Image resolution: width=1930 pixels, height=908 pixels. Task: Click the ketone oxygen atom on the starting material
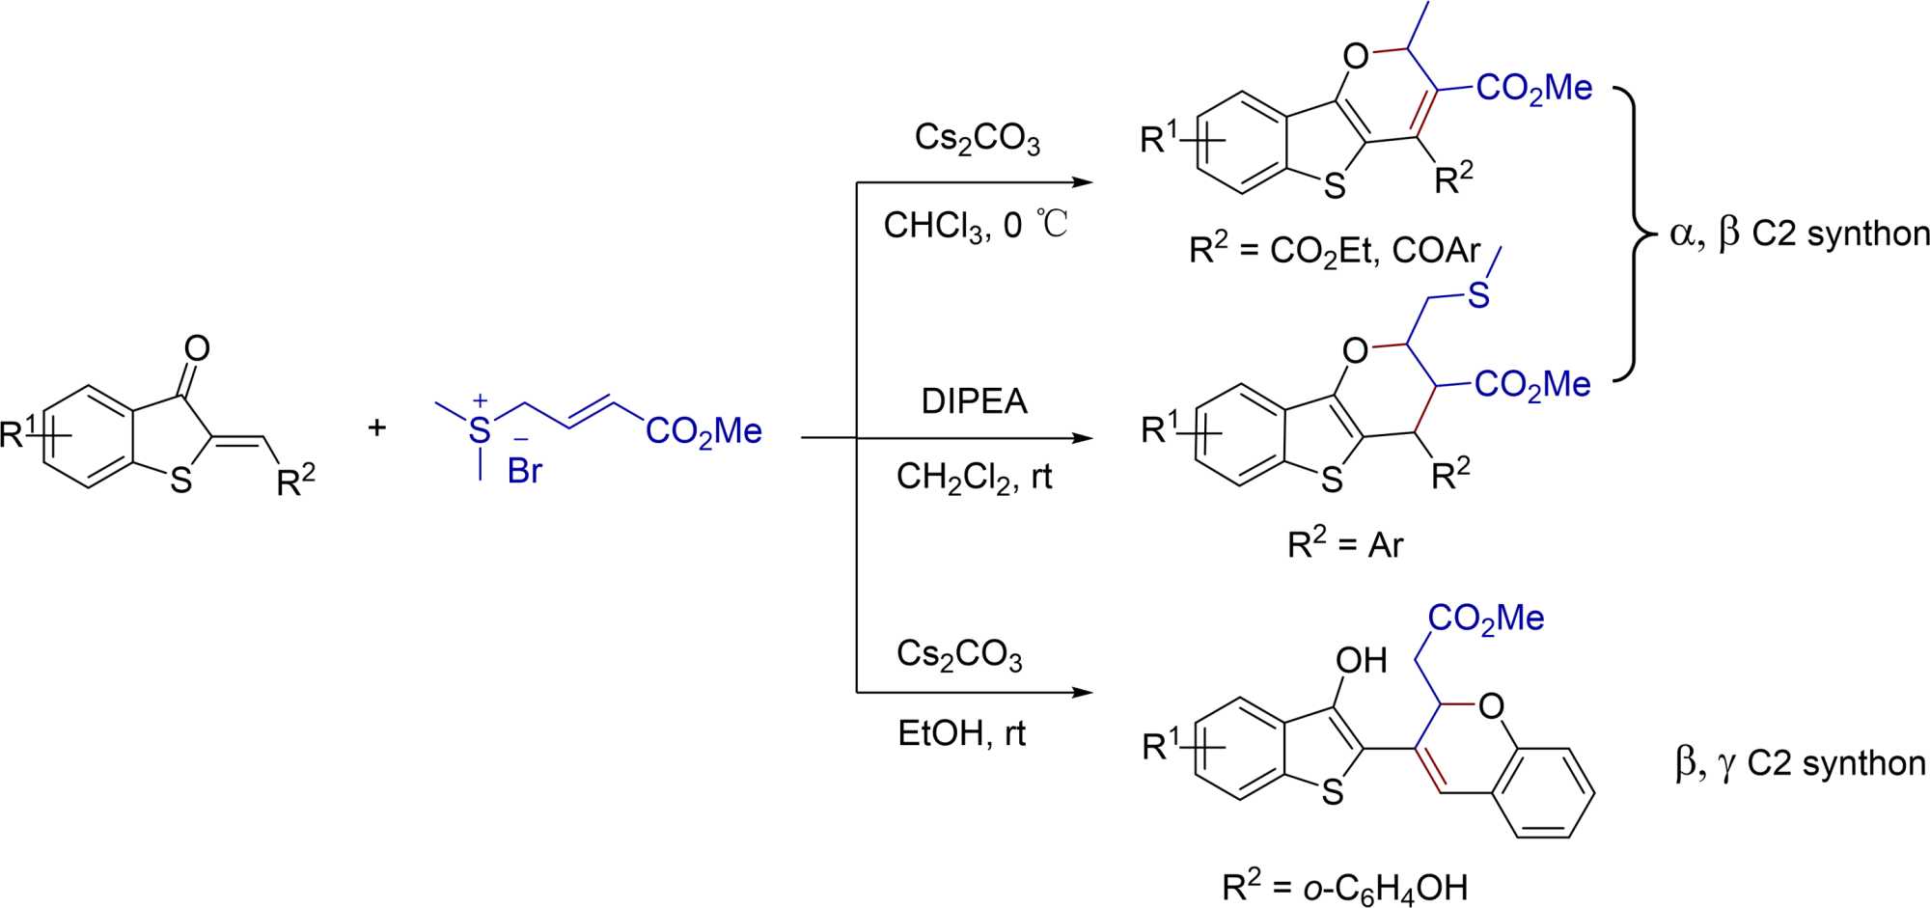(197, 348)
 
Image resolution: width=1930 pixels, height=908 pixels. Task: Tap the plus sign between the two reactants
(377, 427)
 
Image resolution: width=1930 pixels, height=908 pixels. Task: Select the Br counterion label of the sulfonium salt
(525, 471)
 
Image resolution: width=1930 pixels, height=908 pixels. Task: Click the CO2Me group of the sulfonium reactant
(703, 431)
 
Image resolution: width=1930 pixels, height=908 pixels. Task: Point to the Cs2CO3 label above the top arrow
(977, 140)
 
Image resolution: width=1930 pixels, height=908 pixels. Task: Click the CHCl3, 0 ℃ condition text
(976, 226)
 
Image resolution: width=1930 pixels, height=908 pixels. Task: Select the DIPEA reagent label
(974, 400)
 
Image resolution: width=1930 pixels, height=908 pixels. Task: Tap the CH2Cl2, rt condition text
(974, 477)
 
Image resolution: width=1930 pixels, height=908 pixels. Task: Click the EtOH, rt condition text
(961, 734)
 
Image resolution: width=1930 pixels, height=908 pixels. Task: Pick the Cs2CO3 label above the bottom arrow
(959, 655)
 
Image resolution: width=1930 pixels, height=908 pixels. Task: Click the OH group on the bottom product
(1361, 661)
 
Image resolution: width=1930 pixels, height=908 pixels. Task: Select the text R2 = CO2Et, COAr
(1335, 252)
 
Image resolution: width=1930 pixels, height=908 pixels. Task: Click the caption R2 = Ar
(1345, 546)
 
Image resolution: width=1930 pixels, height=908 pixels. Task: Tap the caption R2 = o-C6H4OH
(1345, 886)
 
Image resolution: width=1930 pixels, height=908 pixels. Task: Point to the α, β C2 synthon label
(1799, 234)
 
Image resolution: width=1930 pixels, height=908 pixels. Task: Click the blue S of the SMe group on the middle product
(1478, 295)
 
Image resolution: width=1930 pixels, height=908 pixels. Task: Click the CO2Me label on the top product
(1534, 89)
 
